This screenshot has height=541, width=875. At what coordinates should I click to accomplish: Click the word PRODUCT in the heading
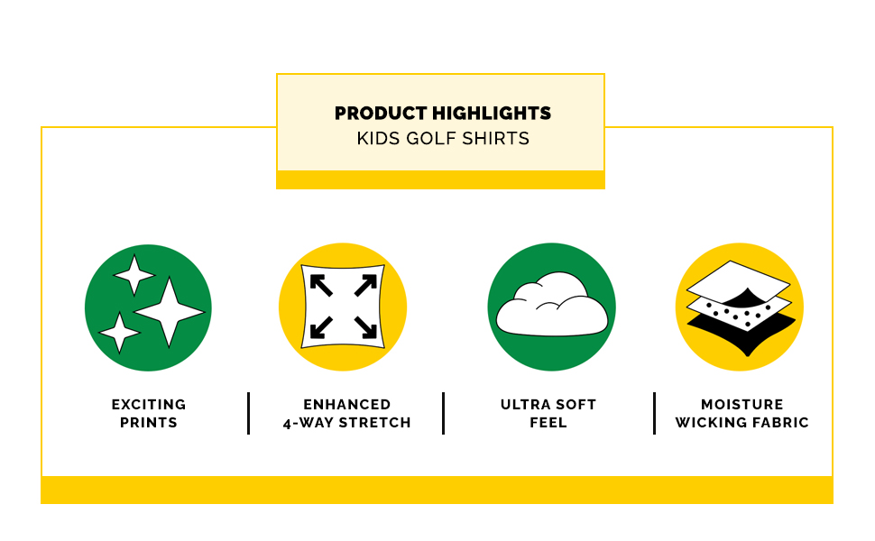click(x=381, y=114)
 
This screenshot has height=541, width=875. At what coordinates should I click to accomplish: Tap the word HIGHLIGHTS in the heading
click(x=492, y=114)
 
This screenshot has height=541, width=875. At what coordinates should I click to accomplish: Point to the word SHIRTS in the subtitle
click(x=495, y=138)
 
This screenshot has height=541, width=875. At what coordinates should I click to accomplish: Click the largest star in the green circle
click(x=169, y=312)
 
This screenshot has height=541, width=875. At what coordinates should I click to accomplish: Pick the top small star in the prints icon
click(x=134, y=275)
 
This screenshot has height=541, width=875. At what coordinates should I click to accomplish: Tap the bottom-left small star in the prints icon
click(x=119, y=333)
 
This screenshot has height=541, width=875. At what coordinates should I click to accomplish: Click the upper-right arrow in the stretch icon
click(x=366, y=285)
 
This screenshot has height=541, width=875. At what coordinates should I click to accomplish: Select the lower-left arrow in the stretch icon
click(x=321, y=327)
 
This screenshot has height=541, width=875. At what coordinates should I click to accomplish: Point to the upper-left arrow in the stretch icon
click(x=321, y=285)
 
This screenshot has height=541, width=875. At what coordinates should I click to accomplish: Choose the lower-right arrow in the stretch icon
click(x=366, y=327)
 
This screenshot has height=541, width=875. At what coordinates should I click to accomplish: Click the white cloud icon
click(x=552, y=305)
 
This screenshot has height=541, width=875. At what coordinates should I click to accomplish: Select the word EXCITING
click(x=149, y=404)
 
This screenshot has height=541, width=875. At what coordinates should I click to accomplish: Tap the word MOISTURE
click(x=742, y=404)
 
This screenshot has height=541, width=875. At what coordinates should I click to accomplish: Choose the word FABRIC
click(x=780, y=423)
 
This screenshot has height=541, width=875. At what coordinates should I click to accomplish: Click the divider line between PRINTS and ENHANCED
click(x=248, y=413)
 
